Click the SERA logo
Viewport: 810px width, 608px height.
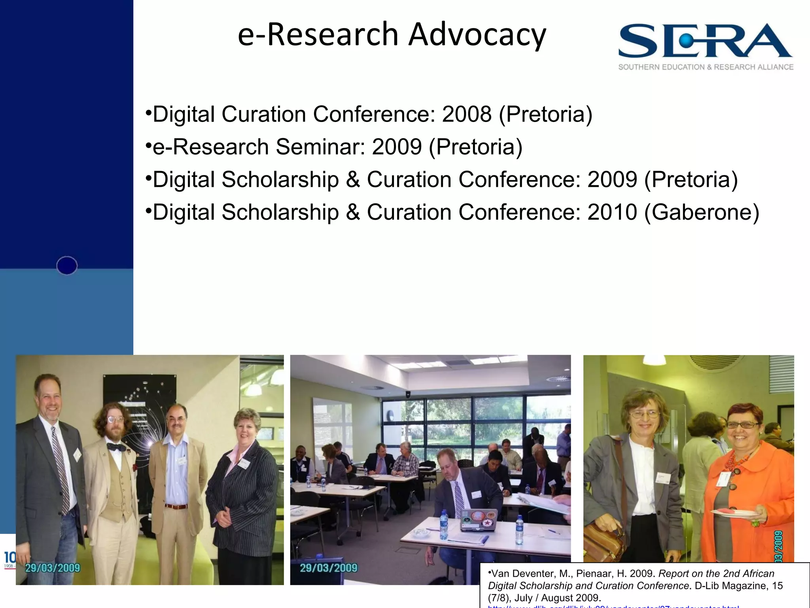pos(706,41)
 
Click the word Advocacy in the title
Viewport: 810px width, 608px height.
pos(477,35)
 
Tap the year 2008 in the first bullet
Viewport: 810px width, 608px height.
pos(467,114)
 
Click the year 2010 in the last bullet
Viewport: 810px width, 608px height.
pos(612,212)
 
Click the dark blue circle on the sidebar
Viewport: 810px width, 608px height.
pos(67,266)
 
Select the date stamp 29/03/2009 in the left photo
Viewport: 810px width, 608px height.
pos(53,568)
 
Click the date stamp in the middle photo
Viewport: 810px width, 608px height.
pos(328,568)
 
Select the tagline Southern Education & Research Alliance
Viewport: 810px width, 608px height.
pos(706,67)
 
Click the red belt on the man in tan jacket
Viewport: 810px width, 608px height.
pos(176,506)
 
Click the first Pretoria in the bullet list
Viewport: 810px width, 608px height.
pos(546,114)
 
